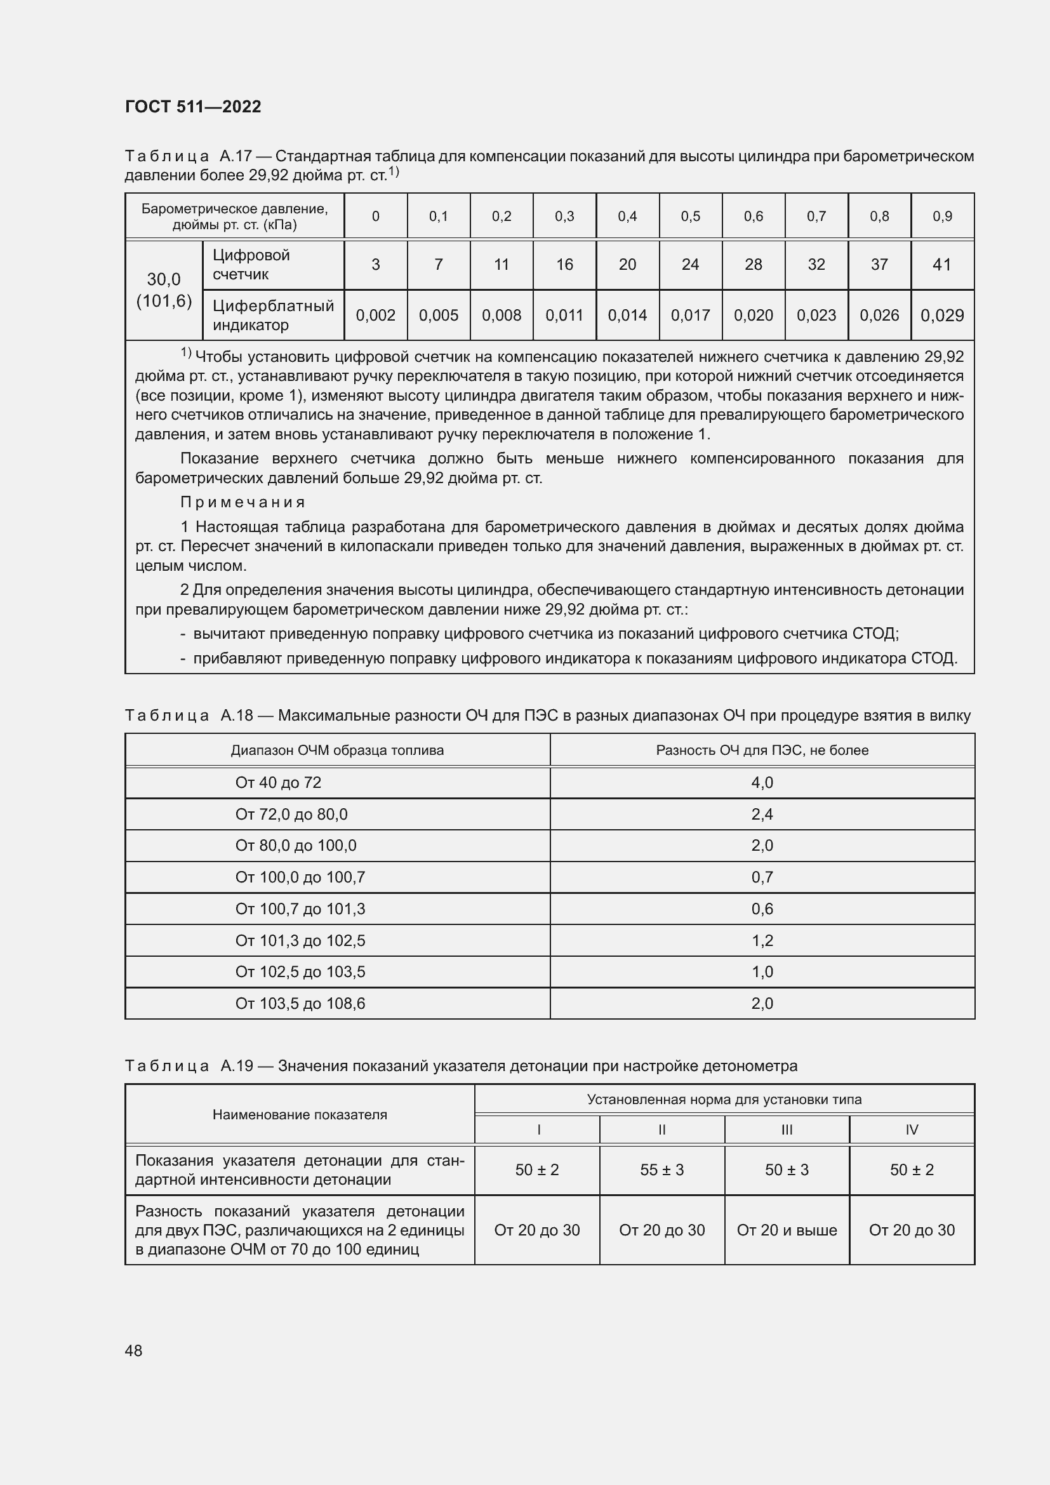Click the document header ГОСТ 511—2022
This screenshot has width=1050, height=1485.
[x=193, y=107]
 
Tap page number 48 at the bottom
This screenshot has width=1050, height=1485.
[x=133, y=1350]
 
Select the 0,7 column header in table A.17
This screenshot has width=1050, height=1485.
[x=816, y=216]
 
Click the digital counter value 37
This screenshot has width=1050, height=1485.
[x=879, y=265]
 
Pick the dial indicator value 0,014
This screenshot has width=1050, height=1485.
[x=627, y=316]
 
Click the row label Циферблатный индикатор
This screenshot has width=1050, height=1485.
[x=273, y=315]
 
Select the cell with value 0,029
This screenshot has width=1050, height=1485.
[x=942, y=316]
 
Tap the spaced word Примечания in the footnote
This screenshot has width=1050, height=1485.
[x=243, y=502]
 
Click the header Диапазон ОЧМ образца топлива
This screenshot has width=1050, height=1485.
[x=337, y=750]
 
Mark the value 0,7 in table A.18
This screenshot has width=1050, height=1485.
[x=762, y=877]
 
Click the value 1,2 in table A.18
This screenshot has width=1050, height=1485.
[x=762, y=940]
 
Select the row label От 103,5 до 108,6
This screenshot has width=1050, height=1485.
[x=300, y=1003]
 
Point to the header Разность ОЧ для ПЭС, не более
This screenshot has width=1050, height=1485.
[x=762, y=750]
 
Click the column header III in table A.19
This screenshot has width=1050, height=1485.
[x=786, y=1129]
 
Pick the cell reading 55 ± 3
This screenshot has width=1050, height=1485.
[x=661, y=1169]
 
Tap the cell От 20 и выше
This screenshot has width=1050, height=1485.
[x=786, y=1230]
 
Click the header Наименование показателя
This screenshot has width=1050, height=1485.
[x=300, y=1114]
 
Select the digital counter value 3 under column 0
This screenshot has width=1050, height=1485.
[x=376, y=265]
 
